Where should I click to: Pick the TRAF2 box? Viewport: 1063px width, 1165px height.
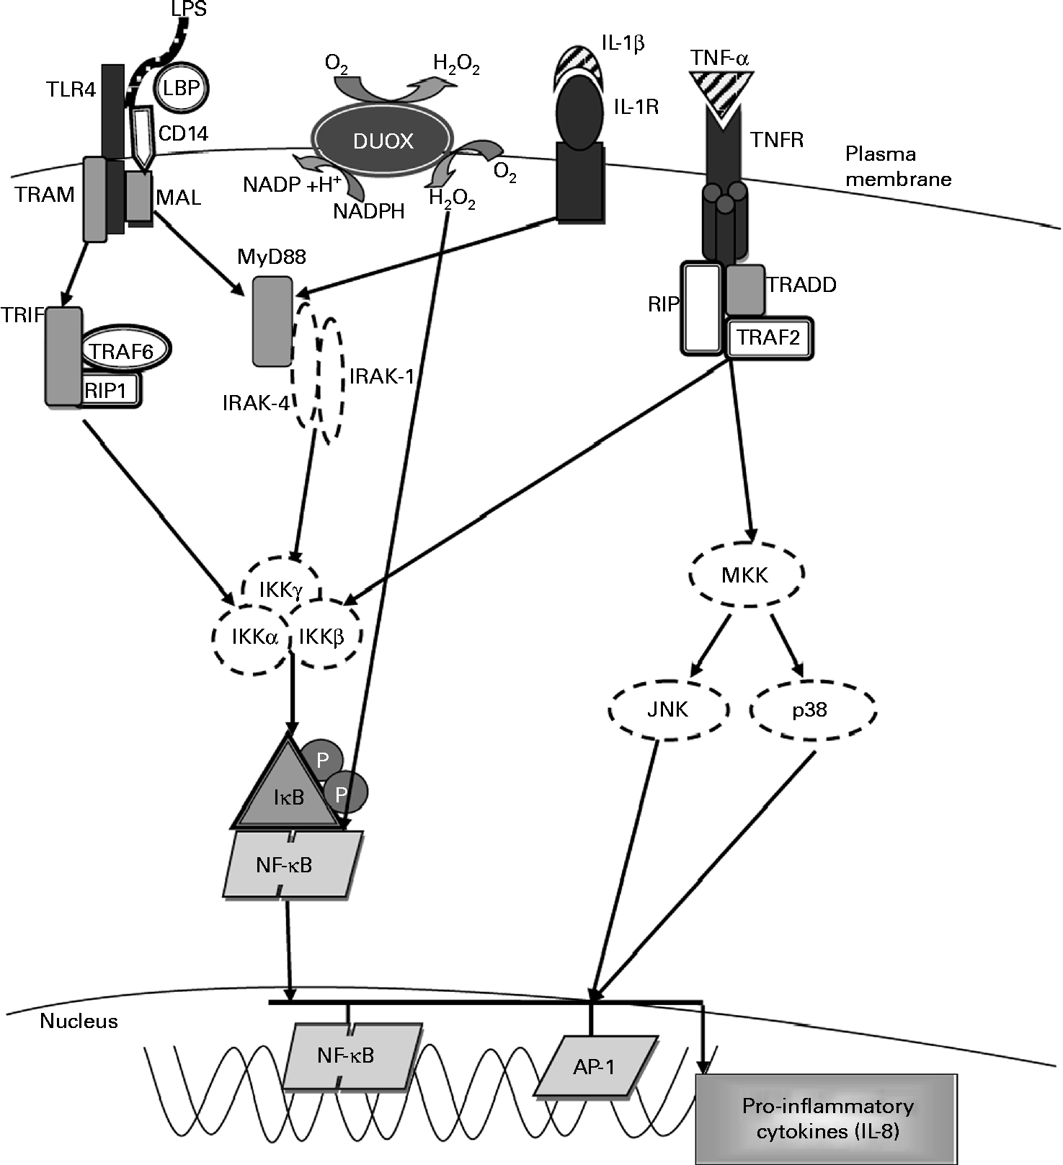point(769,337)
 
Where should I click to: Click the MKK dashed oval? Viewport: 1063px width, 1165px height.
point(745,575)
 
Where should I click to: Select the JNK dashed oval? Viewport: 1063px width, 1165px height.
point(668,709)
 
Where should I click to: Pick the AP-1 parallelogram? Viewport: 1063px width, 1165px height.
point(595,1066)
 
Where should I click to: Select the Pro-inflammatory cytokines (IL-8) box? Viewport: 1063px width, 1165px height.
point(827,1118)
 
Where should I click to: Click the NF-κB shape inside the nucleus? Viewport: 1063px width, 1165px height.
point(346,1056)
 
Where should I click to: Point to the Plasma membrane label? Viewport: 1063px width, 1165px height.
point(897,167)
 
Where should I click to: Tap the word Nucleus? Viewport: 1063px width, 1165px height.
point(79,1022)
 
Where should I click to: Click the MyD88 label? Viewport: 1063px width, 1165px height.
point(272,257)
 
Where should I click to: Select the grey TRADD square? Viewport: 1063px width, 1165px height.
point(744,289)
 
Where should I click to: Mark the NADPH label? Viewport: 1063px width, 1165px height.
point(368,211)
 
